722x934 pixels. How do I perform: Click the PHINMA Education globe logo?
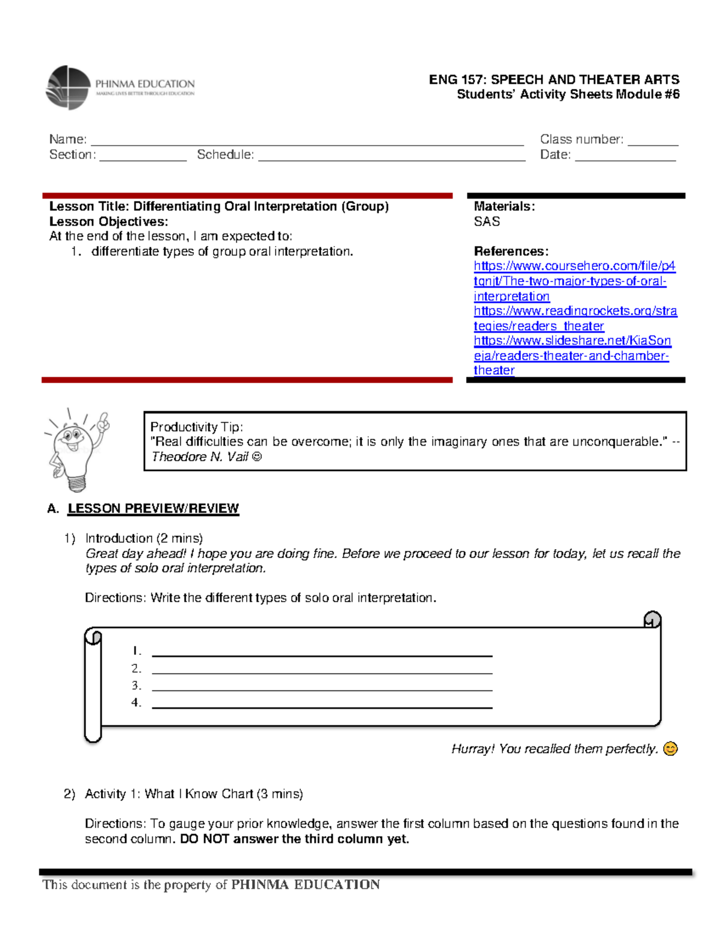point(68,88)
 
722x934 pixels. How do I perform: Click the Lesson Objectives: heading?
point(109,221)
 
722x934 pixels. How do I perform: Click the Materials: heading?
point(504,206)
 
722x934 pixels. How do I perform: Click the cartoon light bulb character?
point(75,449)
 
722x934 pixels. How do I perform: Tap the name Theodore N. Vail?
point(199,457)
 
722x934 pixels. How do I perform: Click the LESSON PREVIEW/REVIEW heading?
point(153,508)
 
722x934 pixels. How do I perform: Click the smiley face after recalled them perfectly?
point(670,749)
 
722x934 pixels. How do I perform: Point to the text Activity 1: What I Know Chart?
point(169,794)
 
